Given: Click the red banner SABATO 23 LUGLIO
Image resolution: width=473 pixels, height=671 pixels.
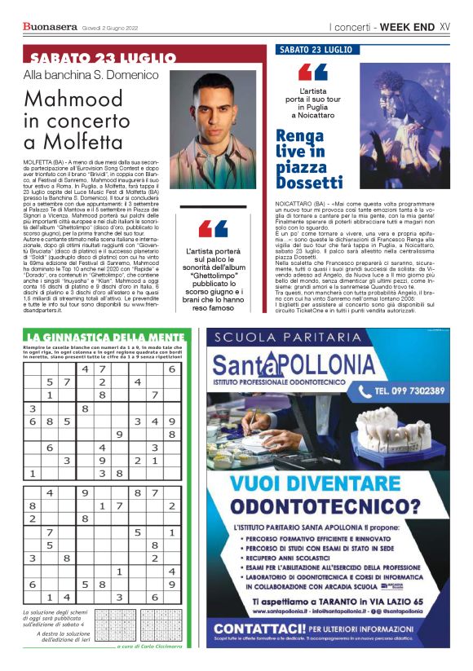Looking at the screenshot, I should (x=103, y=59).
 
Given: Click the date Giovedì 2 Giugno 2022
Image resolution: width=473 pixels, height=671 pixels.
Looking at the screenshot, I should (x=110, y=27).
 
